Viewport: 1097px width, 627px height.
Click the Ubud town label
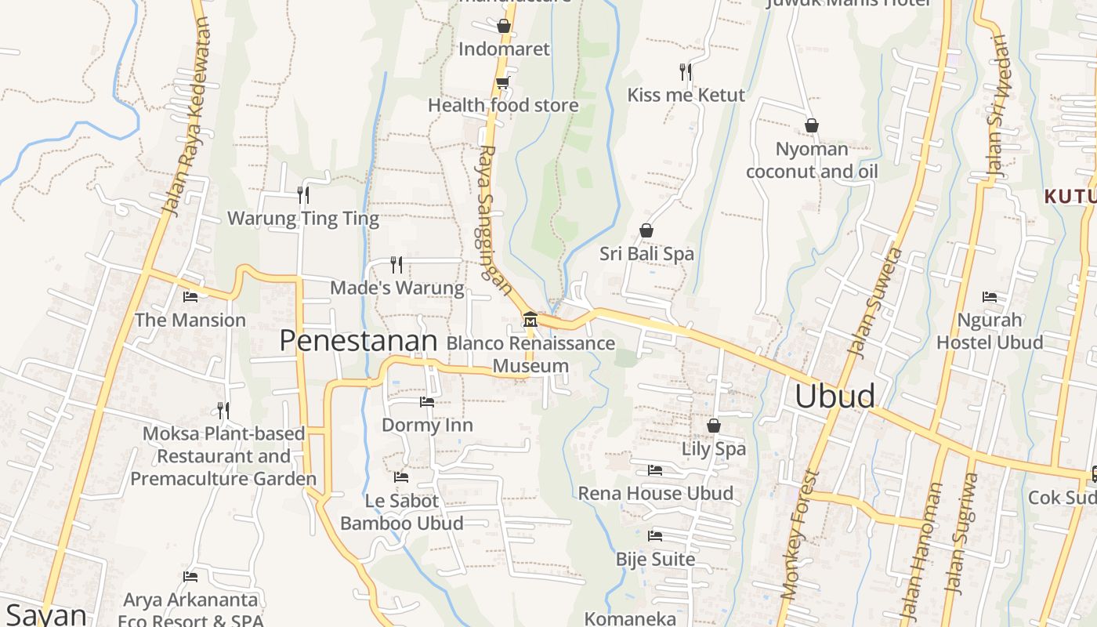(x=835, y=396)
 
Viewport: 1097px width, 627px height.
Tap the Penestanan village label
(x=358, y=341)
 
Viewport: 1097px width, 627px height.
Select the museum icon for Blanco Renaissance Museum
(x=530, y=319)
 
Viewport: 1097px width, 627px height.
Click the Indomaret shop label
(x=504, y=49)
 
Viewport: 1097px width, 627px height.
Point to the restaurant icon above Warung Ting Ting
(x=303, y=194)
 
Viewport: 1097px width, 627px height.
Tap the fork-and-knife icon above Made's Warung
(x=396, y=264)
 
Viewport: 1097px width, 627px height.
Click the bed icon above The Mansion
(x=190, y=297)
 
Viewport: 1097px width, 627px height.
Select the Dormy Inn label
(x=427, y=425)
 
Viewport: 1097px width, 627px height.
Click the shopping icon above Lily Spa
(x=713, y=426)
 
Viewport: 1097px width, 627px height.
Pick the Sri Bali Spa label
(x=646, y=254)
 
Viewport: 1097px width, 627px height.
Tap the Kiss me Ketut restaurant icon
(x=686, y=72)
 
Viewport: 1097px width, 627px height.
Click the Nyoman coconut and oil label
(x=812, y=160)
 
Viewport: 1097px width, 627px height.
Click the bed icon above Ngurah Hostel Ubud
(x=990, y=297)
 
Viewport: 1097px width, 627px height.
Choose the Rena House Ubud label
(x=656, y=494)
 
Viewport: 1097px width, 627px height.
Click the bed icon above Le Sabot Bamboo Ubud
(x=401, y=477)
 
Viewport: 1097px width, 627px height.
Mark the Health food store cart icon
(x=502, y=82)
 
